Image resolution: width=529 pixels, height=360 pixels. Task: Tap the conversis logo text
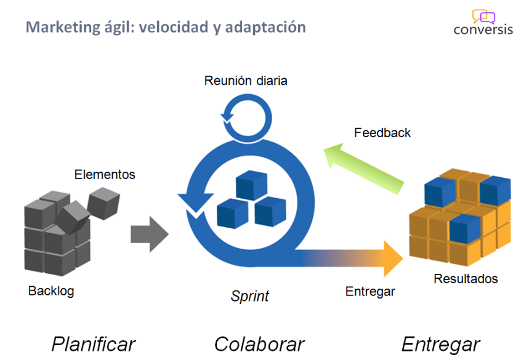click(483, 29)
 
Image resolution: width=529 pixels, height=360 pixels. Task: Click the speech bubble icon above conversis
click(483, 16)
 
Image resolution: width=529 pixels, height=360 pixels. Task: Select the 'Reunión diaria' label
click(246, 81)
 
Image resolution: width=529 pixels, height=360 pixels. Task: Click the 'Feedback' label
click(382, 132)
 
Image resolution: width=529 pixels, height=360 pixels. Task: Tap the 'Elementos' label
click(105, 174)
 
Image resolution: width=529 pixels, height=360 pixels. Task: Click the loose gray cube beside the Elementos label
click(103, 201)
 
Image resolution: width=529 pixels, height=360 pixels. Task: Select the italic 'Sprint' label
click(250, 296)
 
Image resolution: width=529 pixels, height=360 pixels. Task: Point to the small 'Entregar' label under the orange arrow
click(370, 291)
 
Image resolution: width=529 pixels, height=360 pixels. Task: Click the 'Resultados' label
click(466, 279)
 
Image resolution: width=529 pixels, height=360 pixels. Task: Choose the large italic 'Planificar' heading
click(94, 343)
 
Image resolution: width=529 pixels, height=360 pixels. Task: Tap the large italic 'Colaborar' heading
click(259, 343)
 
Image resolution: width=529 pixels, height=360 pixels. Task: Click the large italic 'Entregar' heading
click(440, 343)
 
